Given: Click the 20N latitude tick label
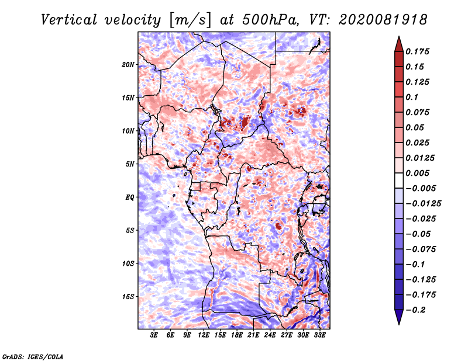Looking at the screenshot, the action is pyautogui.click(x=128, y=65).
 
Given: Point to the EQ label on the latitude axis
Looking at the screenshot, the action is pyautogui.click(x=129, y=197).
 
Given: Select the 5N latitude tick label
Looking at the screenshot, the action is pyautogui.click(x=130, y=164).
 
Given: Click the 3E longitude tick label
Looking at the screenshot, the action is pyautogui.click(x=154, y=335).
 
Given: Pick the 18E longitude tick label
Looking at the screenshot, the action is pyautogui.click(x=237, y=335).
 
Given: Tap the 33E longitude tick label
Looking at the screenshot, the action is pyautogui.click(x=319, y=335).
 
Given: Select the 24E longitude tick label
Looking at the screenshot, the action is pyautogui.click(x=270, y=335).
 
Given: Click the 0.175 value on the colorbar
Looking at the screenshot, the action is pyautogui.click(x=417, y=51).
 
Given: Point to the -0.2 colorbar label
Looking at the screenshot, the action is pyautogui.click(x=415, y=310).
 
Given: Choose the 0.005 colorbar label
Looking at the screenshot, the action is pyautogui.click(x=417, y=173).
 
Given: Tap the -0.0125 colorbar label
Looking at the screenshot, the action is pyautogui.click(x=423, y=204).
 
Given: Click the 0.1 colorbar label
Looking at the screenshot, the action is pyautogui.click(x=412, y=97).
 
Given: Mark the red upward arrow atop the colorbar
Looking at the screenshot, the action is pyautogui.click(x=399, y=44).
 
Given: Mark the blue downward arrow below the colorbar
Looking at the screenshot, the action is pyautogui.click(x=399, y=317).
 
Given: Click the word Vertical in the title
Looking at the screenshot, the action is pyautogui.click(x=69, y=20).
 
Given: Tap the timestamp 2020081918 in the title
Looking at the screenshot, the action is pyautogui.click(x=383, y=20).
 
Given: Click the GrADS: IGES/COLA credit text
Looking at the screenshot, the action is pyautogui.click(x=33, y=357).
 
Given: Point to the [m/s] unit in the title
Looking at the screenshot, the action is pyautogui.click(x=191, y=20).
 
